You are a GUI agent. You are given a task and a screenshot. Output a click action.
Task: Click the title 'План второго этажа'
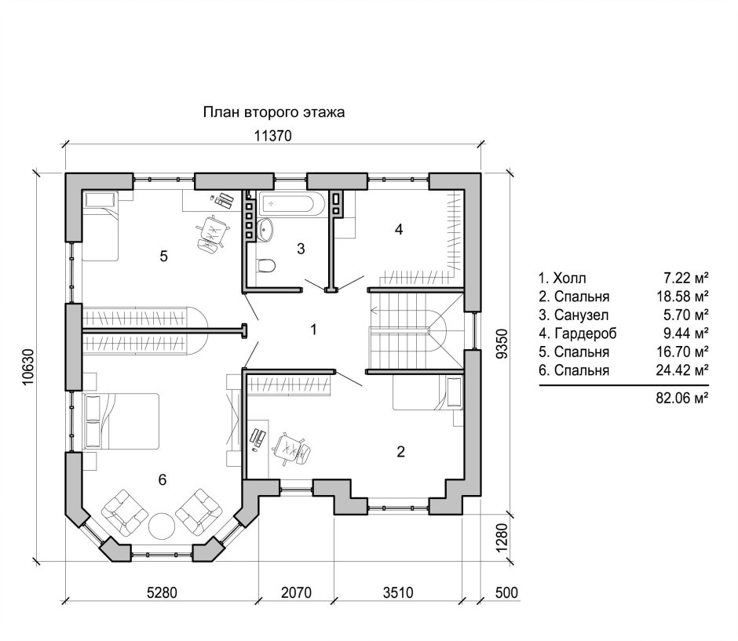(x=274, y=112)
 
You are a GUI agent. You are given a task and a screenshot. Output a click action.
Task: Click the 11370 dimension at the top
(x=273, y=136)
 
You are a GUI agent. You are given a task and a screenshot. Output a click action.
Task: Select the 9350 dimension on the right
(x=502, y=344)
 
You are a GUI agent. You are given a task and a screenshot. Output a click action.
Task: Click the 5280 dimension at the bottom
(x=162, y=592)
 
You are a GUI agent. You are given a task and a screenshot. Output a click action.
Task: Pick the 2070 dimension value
(x=297, y=592)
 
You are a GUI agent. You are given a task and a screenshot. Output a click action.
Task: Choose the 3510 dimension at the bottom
(x=398, y=592)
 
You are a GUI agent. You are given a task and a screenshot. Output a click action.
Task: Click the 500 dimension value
(x=506, y=592)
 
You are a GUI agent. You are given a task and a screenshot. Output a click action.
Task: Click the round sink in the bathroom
(x=266, y=229)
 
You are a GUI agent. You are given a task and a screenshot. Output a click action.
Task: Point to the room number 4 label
(x=399, y=230)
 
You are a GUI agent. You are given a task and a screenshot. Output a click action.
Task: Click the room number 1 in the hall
(x=314, y=330)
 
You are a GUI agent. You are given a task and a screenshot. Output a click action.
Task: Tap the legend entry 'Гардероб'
(x=586, y=333)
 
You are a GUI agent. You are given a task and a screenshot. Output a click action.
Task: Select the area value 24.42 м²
(x=682, y=370)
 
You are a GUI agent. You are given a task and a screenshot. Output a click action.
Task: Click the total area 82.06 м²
(x=682, y=398)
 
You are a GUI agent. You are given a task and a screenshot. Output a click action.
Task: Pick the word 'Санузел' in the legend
(x=581, y=315)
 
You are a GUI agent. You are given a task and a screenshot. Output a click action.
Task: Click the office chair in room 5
(x=213, y=232)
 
